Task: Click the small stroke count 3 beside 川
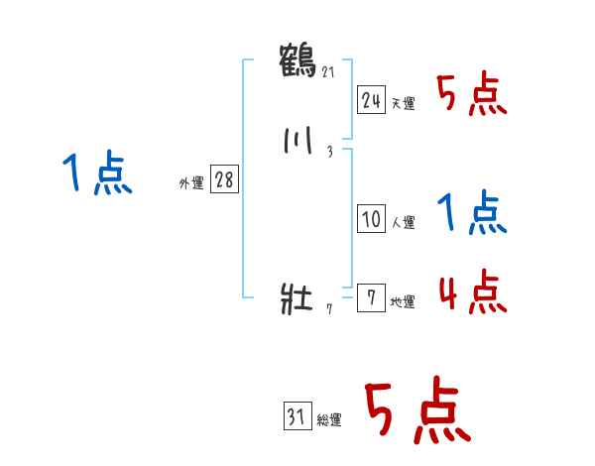coord(329,152)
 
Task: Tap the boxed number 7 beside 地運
coord(371,298)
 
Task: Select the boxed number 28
coord(224,180)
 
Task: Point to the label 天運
coord(404,103)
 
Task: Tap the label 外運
coord(191,183)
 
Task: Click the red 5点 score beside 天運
coord(472,96)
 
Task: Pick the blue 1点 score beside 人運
coord(472,213)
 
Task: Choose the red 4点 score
coord(472,292)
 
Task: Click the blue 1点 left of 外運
coord(98,175)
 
